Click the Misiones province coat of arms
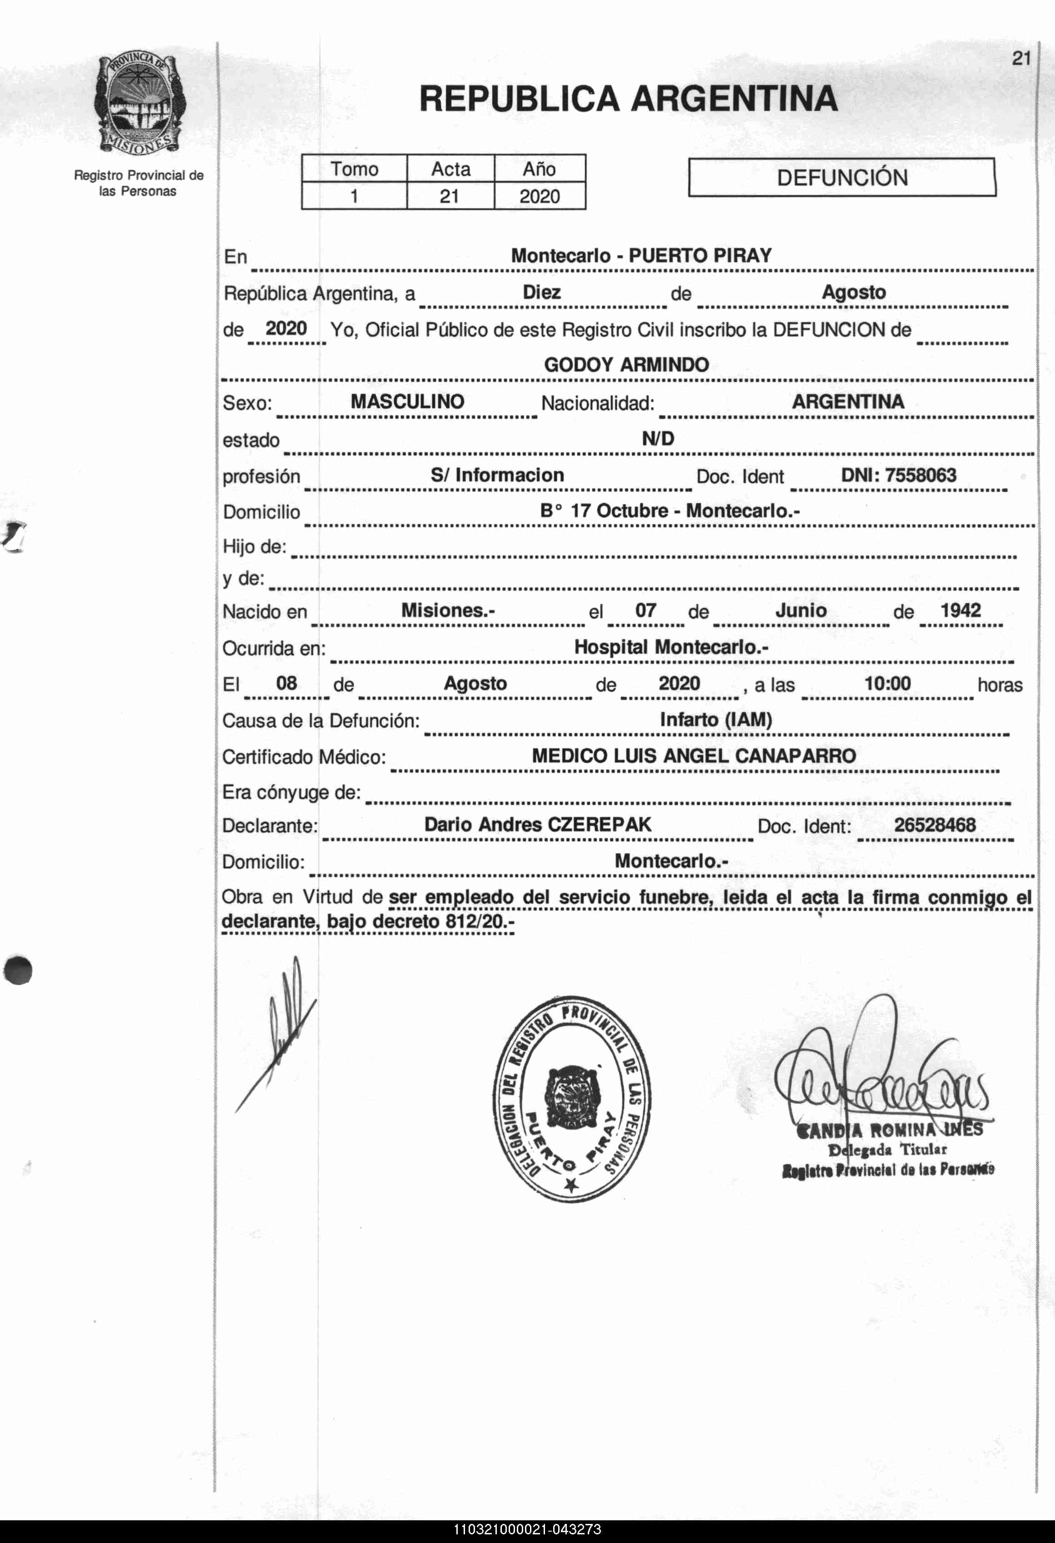(140, 104)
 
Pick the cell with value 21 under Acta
(450, 196)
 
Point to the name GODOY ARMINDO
(626, 365)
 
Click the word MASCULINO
(407, 402)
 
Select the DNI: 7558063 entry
(898, 475)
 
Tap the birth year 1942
(960, 610)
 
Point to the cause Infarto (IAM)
(716, 720)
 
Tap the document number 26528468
(934, 825)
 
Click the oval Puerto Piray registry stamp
(572, 1099)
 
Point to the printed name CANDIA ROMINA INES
(890, 1130)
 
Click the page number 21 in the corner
(1020, 59)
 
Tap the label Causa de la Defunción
(321, 721)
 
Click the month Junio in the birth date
(801, 610)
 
